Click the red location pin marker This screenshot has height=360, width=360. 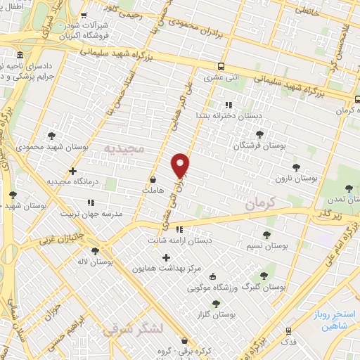pos(181,165)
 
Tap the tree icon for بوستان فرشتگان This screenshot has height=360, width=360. pos(259,134)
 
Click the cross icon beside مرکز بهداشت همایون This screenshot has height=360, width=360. pos(166,257)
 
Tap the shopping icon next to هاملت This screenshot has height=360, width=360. pos(153,179)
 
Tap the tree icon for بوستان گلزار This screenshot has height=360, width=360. pos(216,304)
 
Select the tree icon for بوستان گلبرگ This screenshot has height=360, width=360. pos(264,276)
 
